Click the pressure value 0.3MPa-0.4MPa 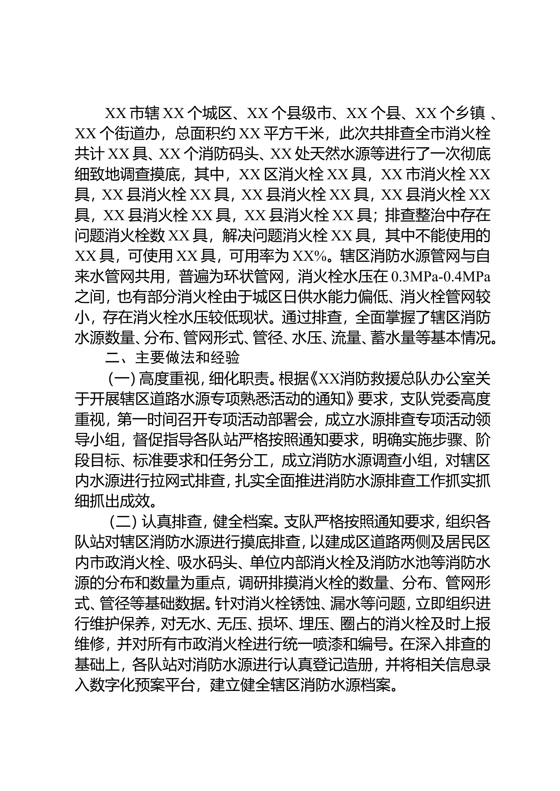click(x=441, y=276)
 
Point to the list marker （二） click(x=123, y=522)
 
